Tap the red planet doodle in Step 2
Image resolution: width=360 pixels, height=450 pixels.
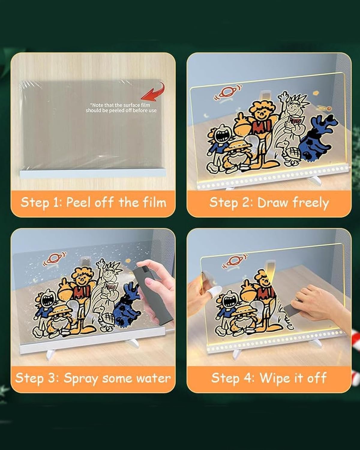click(x=227, y=92)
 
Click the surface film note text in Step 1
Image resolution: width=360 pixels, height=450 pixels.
click(x=121, y=108)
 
